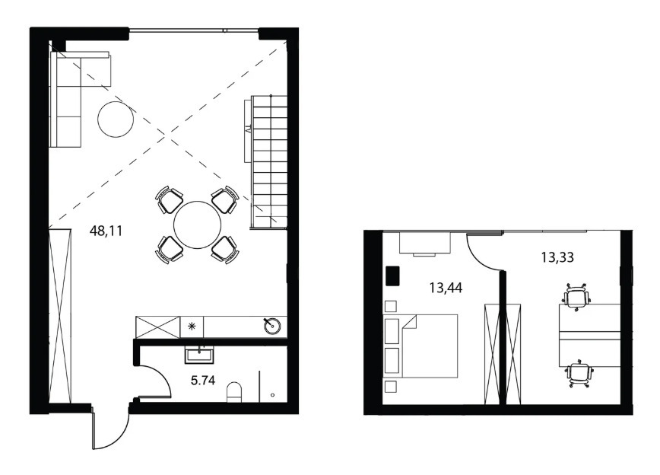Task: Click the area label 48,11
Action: click(106, 231)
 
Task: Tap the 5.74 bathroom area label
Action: click(203, 381)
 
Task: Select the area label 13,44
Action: click(446, 288)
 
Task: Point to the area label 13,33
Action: click(557, 257)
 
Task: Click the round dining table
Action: click(197, 225)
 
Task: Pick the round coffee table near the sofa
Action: click(116, 120)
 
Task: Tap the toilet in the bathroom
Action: click(234, 392)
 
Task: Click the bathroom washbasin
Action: click(199, 355)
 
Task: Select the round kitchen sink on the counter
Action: click(273, 325)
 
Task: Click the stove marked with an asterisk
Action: click(192, 327)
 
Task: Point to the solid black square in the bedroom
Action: click(392, 276)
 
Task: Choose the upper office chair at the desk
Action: click(576, 297)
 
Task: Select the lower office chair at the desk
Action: click(579, 375)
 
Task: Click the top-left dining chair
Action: click(170, 199)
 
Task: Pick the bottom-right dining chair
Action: click(225, 250)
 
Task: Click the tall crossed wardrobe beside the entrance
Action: click(60, 316)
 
